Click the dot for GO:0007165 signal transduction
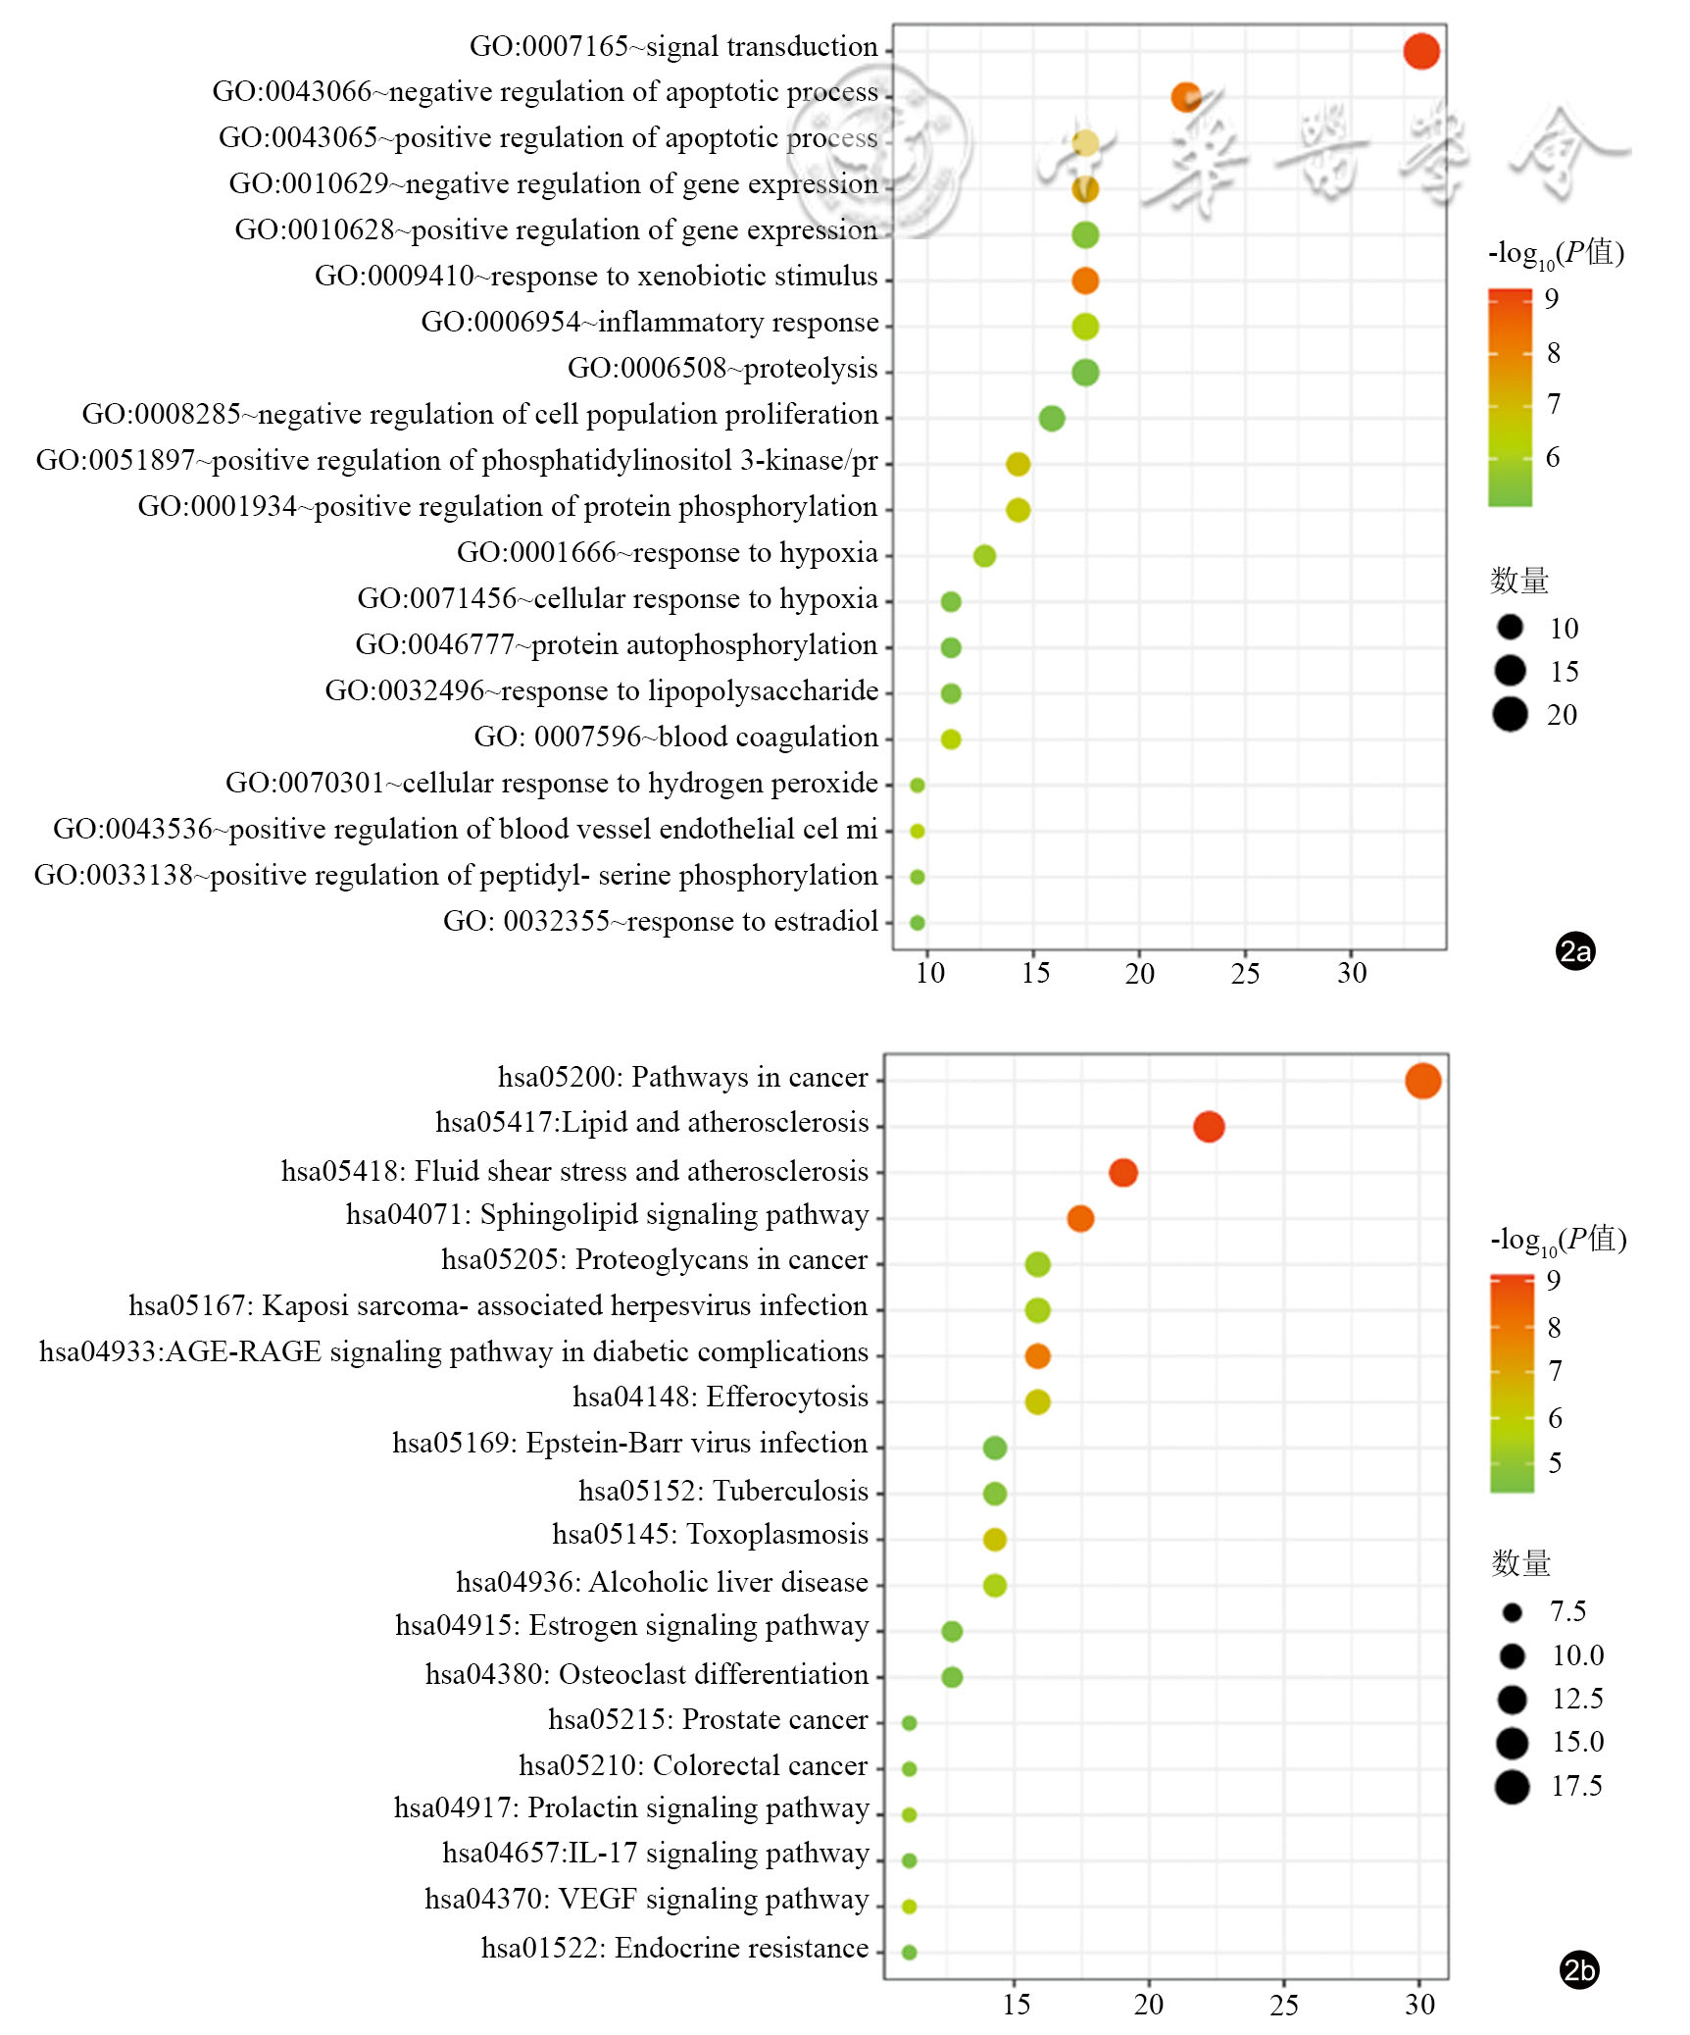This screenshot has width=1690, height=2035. tap(1420, 51)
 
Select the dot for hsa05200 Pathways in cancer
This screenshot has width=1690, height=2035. tap(1422, 1081)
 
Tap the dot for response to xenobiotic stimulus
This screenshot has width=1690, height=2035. tap(1084, 280)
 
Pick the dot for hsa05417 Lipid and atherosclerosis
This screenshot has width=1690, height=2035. tap(1209, 1127)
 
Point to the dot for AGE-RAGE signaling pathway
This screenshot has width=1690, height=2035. tap(1037, 1355)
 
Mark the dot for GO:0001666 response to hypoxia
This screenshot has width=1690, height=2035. tap(984, 556)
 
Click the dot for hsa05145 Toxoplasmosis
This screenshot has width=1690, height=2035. tap(994, 1539)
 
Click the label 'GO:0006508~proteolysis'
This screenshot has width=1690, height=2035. tap(722, 369)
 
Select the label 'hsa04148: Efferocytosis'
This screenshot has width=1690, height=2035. tap(721, 1397)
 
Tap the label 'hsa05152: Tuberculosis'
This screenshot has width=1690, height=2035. tap(723, 1491)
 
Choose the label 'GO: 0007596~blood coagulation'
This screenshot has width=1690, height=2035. tap(675, 738)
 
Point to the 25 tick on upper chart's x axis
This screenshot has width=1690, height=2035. tap(1245, 973)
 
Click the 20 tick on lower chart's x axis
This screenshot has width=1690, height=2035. tap(1149, 2004)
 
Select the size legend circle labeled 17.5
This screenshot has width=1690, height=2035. tap(1512, 1787)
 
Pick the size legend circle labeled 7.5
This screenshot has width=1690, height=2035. tap(1512, 1612)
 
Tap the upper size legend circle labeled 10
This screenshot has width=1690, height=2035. tap(1511, 627)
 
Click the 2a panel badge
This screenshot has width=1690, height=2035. tap(1575, 951)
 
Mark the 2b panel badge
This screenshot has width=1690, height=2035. tap(1578, 1970)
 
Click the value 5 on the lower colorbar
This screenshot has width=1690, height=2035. tap(1555, 1464)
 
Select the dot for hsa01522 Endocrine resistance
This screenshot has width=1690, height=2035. tap(909, 1952)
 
